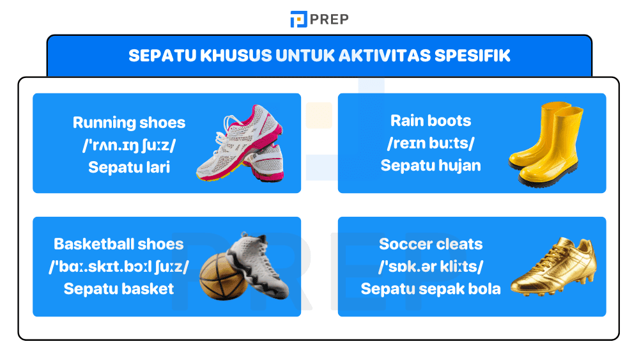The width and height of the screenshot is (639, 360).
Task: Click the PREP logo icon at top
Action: pyautogui.click(x=298, y=19)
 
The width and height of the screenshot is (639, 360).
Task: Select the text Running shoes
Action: pyautogui.click(x=129, y=122)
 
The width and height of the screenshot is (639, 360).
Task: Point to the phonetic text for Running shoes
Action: pyautogui.click(x=129, y=145)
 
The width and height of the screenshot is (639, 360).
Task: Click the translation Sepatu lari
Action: pyautogui.click(x=129, y=168)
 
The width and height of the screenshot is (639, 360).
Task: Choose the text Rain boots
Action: pyautogui.click(x=431, y=120)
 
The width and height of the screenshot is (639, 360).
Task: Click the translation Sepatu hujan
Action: pyautogui.click(x=431, y=166)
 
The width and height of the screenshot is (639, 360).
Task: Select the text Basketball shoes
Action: pyautogui.click(x=119, y=244)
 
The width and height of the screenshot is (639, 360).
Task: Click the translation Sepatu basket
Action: pyautogui.click(x=119, y=288)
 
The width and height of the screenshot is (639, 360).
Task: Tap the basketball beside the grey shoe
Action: pyautogui.click(x=223, y=276)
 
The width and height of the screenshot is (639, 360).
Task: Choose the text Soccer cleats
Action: pyautogui.click(x=431, y=244)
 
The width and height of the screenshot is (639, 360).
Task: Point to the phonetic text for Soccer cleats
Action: pyautogui.click(x=431, y=266)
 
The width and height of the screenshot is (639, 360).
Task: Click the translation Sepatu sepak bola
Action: pyautogui.click(x=431, y=288)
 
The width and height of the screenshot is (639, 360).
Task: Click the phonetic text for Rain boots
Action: pyautogui.click(x=431, y=143)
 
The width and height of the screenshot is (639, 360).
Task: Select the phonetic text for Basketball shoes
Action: pyautogui.click(x=119, y=266)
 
